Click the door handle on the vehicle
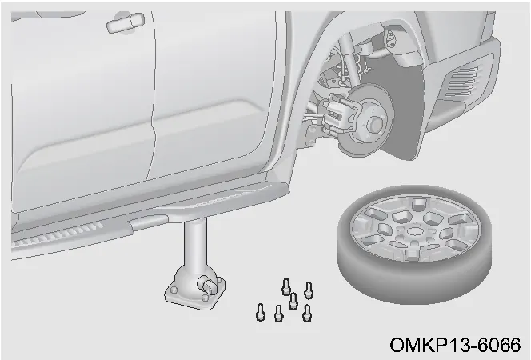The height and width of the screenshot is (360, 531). pyautogui.click(x=126, y=23)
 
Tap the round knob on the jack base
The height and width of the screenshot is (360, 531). pyautogui.click(x=209, y=285)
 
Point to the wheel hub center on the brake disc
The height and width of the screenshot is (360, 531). pyautogui.click(x=375, y=123)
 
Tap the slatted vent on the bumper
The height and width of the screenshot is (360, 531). pyautogui.click(x=461, y=82)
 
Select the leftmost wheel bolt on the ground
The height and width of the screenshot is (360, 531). pyautogui.click(x=260, y=312)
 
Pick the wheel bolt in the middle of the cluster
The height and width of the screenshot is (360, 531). pyautogui.click(x=293, y=301)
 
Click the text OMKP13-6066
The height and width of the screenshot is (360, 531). pyautogui.click(x=455, y=345)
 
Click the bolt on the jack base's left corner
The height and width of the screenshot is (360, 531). pyautogui.click(x=174, y=290)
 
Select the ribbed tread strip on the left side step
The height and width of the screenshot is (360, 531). pyautogui.click(x=57, y=234)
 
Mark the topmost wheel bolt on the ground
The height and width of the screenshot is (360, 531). pyautogui.click(x=286, y=286)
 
